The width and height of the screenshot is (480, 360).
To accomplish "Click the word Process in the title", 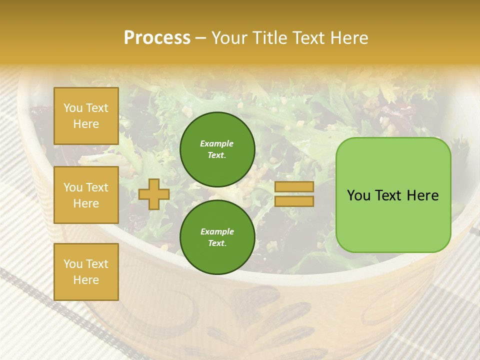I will tap(157, 38).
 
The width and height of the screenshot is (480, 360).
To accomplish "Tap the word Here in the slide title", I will tap(348, 38).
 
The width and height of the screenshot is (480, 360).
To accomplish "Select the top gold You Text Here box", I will tap(86, 116).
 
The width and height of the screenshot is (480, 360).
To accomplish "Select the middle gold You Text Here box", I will tap(86, 195).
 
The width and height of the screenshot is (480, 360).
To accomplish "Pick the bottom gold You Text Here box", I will tap(86, 271).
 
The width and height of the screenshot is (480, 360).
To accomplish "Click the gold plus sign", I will tap(154, 194).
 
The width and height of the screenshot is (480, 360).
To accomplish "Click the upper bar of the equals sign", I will tap(294, 187).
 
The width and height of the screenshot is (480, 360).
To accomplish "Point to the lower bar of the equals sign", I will tap(294, 201).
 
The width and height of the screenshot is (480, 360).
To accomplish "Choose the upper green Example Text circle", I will tap(217, 149).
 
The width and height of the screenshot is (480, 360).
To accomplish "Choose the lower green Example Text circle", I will tap(217, 237).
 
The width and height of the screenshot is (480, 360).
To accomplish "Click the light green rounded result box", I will tap(393, 195).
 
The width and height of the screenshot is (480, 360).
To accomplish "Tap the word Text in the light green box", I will tap(392, 195).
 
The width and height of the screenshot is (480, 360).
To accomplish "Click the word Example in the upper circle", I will tap(217, 143).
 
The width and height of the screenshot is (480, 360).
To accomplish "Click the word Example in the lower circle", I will tap(217, 231).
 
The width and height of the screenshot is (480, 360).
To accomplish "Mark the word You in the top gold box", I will tap(73, 108).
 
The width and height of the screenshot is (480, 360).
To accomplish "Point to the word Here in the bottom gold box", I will tap(86, 280).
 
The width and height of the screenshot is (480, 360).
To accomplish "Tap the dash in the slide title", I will tap(200, 38).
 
